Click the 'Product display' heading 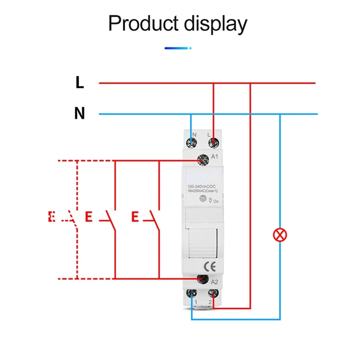click(x=178, y=23)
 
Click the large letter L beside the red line click(x=80, y=82)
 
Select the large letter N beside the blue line click(x=80, y=114)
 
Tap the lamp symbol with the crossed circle click(x=280, y=234)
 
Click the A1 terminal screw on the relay click(x=203, y=159)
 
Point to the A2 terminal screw click(x=203, y=279)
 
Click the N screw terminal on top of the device click(x=193, y=143)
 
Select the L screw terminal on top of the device click(x=213, y=143)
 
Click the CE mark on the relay click(x=210, y=265)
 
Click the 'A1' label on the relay click(x=215, y=157)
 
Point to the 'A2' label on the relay click(x=215, y=283)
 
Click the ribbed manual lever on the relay click(x=202, y=243)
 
